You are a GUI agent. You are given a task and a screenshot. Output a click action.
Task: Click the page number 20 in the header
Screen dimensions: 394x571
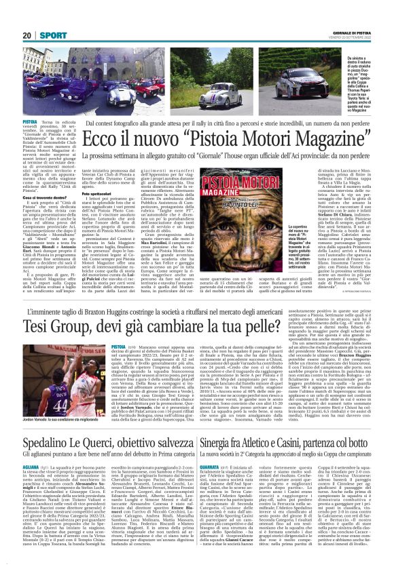coord(28,35)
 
